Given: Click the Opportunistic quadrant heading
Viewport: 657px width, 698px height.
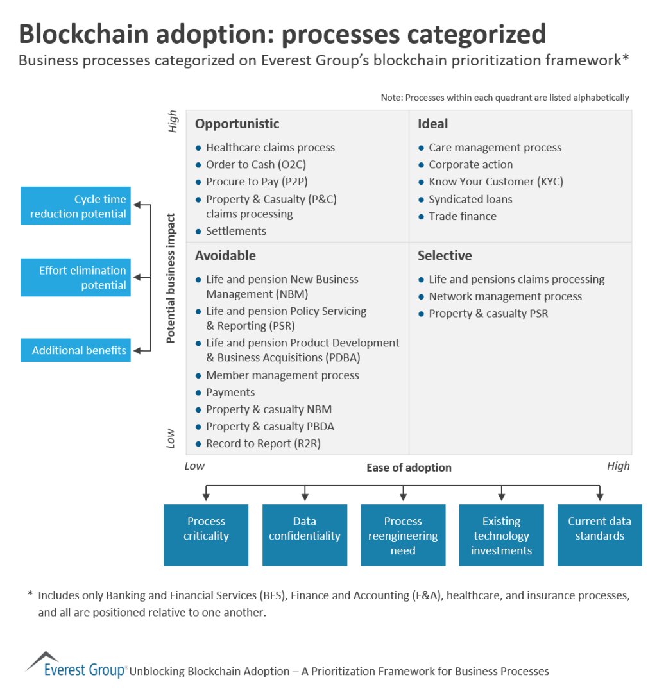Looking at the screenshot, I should pyautogui.click(x=237, y=124).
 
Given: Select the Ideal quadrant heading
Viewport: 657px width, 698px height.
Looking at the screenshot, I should pyautogui.click(x=432, y=124).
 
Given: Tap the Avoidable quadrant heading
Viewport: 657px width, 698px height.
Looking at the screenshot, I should pyautogui.click(x=225, y=255).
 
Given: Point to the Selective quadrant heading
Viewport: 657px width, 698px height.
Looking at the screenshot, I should pyautogui.click(x=445, y=255).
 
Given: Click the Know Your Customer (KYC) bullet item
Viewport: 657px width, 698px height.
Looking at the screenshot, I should pyautogui.click(x=495, y=182).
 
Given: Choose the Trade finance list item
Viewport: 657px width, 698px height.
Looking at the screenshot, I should pyautogui.click(x=462, y=216).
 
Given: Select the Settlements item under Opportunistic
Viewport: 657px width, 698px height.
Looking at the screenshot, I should pyautogui.click(x=235, y=231).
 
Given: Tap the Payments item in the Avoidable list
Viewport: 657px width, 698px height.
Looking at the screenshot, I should pyautogui.click(x=230, y=392).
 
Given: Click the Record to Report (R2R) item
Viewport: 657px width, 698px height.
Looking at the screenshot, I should pyautogui.click(x=263, y=443).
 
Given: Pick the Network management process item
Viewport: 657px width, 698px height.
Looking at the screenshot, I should pyautogui.click(x=505, y=296).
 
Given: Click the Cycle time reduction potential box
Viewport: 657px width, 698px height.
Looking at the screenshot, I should pyautogui.click(x=76, y=206).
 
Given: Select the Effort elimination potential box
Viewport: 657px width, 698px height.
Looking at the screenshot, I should pyautogui.click(x=76, y=278).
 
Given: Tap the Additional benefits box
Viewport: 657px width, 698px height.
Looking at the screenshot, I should pyautogui.click(x=76, y=350).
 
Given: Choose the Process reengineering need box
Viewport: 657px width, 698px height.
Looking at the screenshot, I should pyautogui.click(x=403, y=535).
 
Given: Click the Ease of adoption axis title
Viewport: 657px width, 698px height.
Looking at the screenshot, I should pyautogui.click(x=409, y=468).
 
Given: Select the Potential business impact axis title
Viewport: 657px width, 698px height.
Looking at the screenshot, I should pyautogui.click(x=171, y=278).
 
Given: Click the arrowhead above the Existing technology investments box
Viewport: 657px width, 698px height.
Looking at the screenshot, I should pyautogui.click(x=502, y=497).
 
